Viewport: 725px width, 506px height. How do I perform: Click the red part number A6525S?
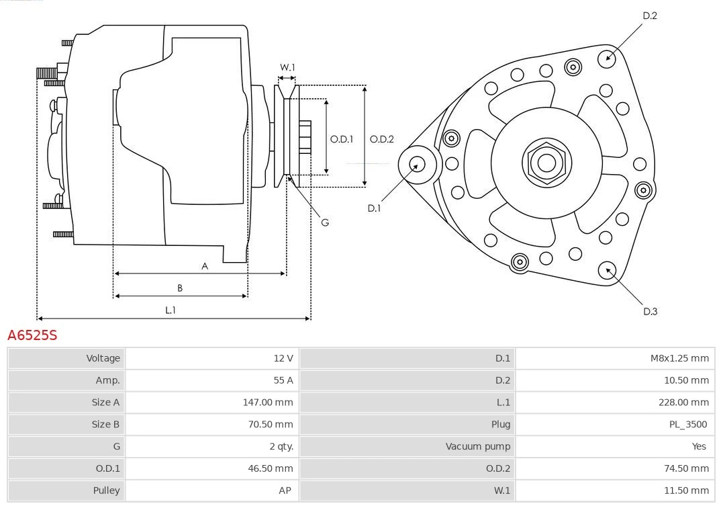[32, 335]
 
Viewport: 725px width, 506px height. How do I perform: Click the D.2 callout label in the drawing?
[650, 15]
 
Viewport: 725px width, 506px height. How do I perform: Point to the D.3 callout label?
[650, 311]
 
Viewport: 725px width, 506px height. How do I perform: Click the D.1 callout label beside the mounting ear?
[374, 208]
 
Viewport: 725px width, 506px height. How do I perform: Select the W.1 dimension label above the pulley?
[287, 67]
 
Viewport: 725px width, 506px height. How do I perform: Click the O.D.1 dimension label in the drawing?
[342, 139]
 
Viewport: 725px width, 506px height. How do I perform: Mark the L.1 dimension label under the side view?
[171, 310]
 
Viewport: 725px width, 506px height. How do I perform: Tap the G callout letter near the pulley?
[325, 222]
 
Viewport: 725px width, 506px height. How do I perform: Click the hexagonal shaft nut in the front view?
[546, 162]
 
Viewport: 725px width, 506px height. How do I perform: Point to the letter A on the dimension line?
[205, 266]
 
